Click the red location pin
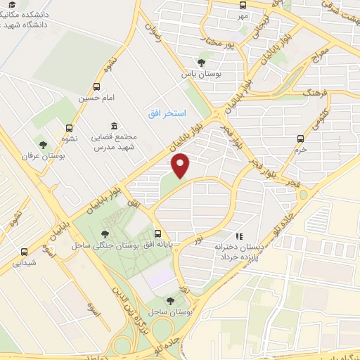(x=181, y=165)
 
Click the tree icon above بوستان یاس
(x=203, y=63)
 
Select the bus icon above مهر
(x=243, y=4)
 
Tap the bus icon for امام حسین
(x=96, y=87)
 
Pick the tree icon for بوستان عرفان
(x=44, y=145)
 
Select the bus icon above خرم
(x=301, y=139)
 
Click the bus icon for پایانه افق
(x=158, y=235)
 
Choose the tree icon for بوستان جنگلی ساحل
(x=105, y=235)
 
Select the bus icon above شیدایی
(x=25, y=252)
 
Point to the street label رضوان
(x=153, y=34)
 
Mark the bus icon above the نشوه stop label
(x=69, y=128)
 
